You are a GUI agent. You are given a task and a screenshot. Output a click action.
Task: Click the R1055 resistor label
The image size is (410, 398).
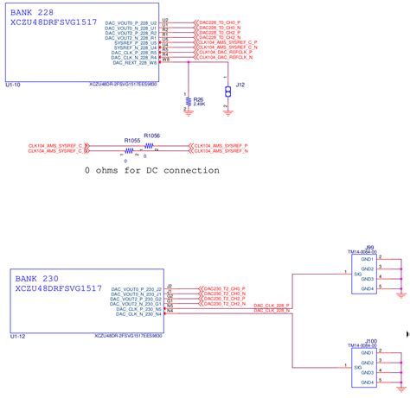(131, 140)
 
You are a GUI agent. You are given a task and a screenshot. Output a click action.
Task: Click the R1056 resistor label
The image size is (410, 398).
(151, 136)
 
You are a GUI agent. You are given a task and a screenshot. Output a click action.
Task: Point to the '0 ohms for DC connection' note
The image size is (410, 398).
(151, 170)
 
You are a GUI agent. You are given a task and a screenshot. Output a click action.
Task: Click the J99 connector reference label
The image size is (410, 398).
(369, 246)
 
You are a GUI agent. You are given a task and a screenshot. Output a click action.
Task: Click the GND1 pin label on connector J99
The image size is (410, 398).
(367, 259)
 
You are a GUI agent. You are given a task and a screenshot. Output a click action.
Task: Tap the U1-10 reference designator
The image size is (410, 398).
(14, 85)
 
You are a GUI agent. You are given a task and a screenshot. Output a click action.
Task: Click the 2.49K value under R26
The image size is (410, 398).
(199, 104)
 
